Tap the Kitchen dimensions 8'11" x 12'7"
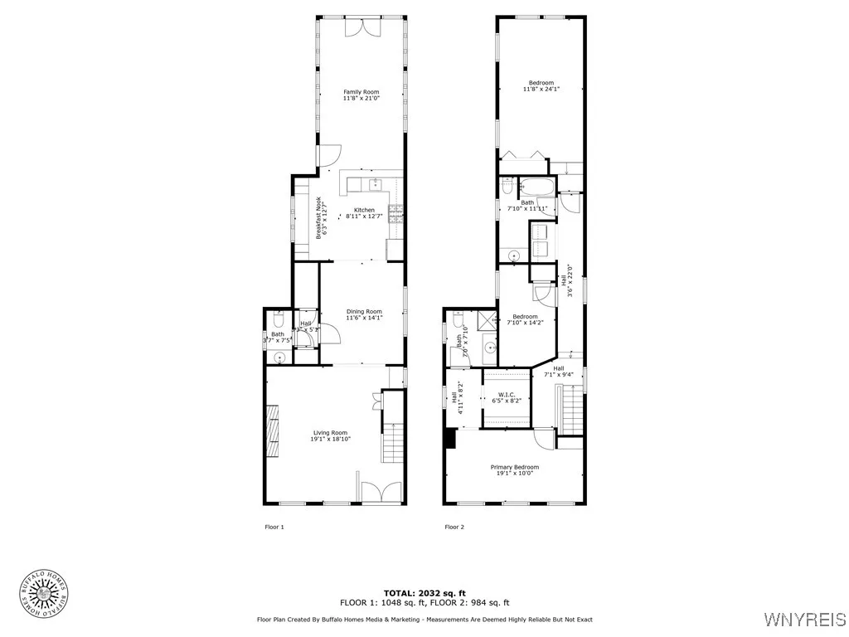364,216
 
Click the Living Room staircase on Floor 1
391,442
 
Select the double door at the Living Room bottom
376,493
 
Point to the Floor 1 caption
274,527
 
